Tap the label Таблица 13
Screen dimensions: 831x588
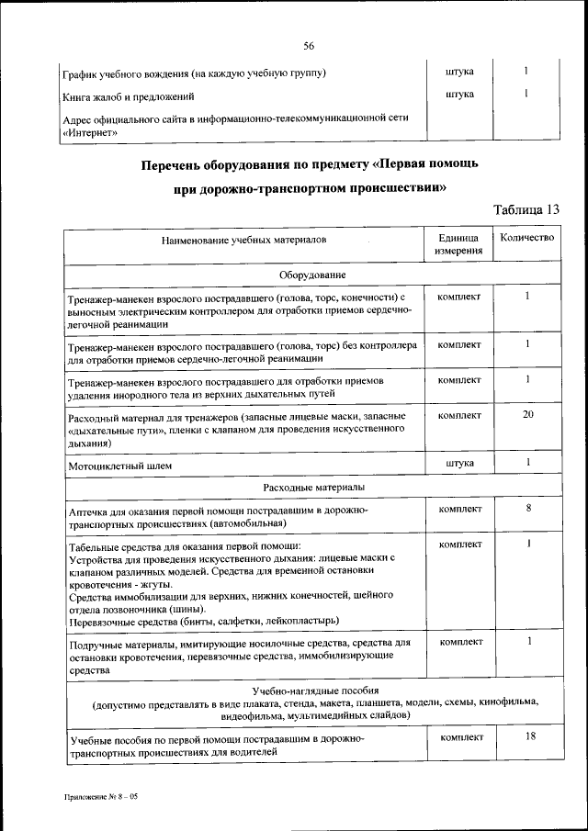coord(526,209)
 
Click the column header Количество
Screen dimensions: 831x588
coord(526,238)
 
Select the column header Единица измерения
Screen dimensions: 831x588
coord(459,244)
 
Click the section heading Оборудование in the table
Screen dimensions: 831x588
coord(312,275)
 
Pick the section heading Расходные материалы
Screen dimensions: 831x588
coord(312,486)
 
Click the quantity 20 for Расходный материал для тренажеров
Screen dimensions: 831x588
coord(527,415)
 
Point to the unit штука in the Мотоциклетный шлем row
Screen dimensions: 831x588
coord(459,463)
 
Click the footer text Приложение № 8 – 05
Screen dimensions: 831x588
coord(100,797)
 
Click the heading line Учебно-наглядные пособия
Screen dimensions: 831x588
coord(312,691)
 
